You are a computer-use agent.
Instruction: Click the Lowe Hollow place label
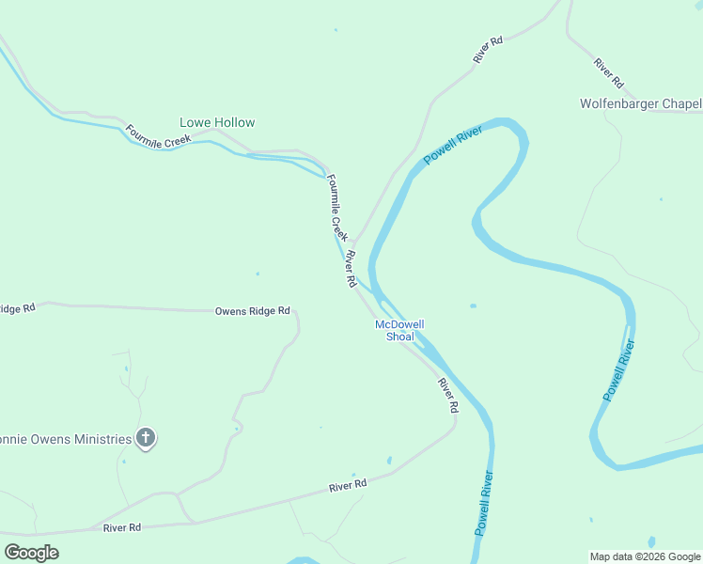217,122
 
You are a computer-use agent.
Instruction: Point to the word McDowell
399,324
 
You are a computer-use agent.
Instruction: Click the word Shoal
399,337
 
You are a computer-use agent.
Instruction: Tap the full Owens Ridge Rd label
252,310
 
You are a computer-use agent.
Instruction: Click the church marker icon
146,437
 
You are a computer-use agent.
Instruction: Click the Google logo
31,552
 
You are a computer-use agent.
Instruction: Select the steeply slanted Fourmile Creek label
337,208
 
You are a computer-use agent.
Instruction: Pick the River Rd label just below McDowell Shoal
447,395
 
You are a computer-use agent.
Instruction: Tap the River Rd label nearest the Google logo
122,528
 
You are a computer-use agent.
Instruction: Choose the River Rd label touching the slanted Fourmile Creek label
350,268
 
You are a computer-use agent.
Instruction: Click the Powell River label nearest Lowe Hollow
452,145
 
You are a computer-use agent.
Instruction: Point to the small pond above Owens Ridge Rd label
258,274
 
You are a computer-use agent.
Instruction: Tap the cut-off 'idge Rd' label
17,308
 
